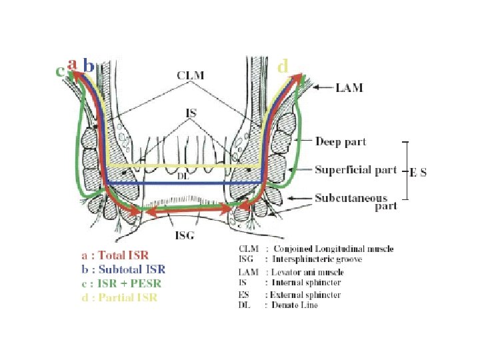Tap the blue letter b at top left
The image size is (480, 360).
tap(87, 67)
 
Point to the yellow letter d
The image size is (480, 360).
tap(283, 66)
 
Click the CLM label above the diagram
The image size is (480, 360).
tap(191, 76)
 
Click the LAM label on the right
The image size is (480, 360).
tap(349, 87)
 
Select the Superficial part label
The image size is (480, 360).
tap(356, 170)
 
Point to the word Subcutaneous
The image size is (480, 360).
tap(351, 198)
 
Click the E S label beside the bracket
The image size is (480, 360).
tap(418, 172)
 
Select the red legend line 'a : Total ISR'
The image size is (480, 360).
tap(115, 255)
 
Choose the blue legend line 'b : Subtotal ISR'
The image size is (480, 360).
tap(123, 269)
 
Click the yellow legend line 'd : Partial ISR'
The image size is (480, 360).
tap(119, 297)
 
